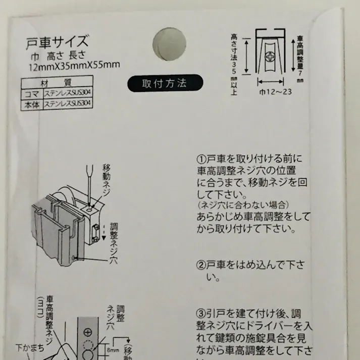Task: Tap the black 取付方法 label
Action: click(165, 83)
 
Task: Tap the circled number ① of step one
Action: click(199, 158)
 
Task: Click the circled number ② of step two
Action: click(199, 265)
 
